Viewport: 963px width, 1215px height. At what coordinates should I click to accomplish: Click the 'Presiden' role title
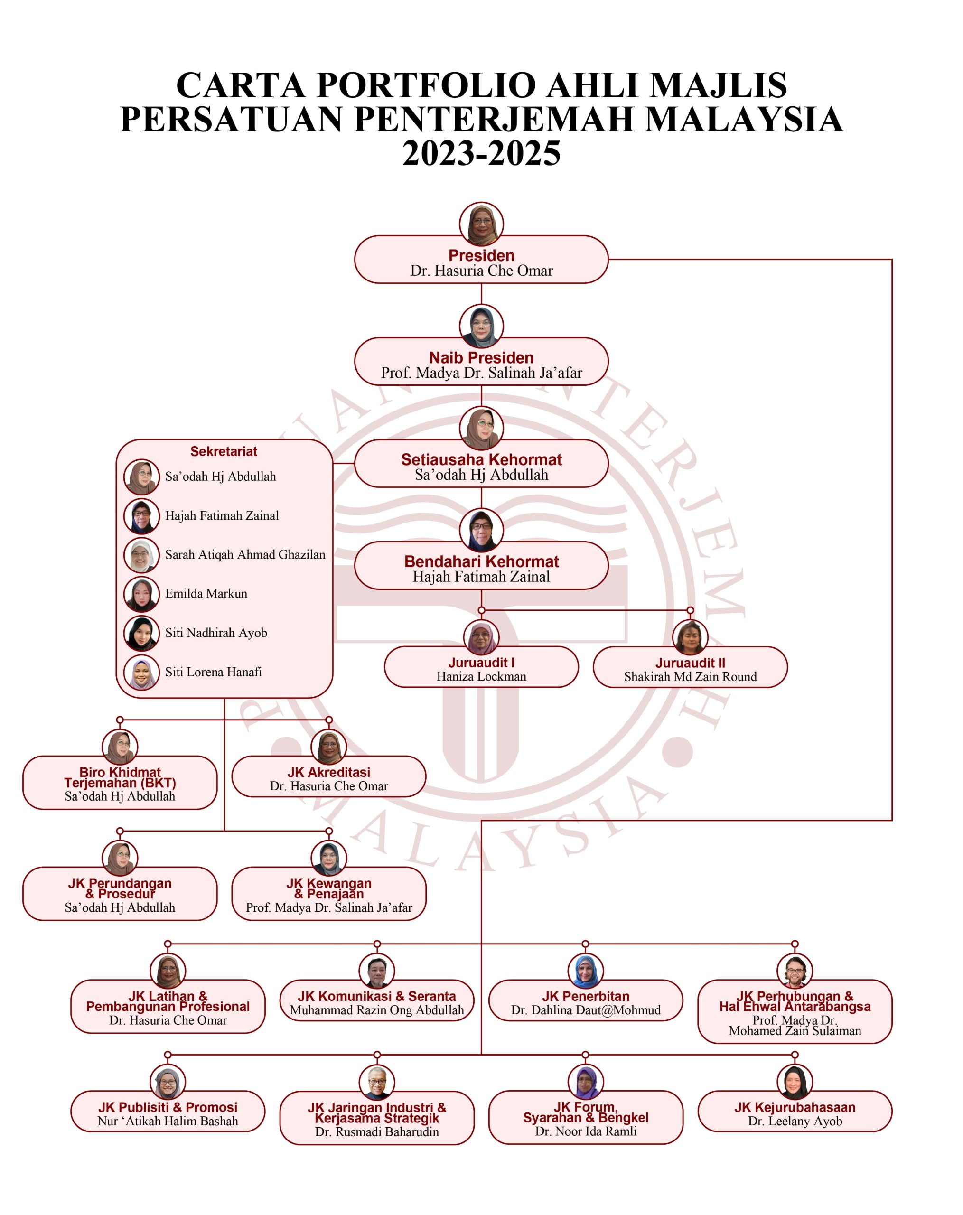pyautogui.click(x=481, y=255)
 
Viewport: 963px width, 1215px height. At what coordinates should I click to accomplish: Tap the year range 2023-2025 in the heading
pyautogui.click(x=481, y=153)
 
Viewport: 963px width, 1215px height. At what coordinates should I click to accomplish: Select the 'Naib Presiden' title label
pyautogui.click(x=481, y=357)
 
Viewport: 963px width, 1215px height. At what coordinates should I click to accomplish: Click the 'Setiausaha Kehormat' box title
pyautogui.click(x=481, y=459)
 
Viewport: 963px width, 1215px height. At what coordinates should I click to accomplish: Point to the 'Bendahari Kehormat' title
pyautogui.click(x=481, y=561)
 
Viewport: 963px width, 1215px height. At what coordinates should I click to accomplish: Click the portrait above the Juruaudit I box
pyautogui.click(x=481, y=637)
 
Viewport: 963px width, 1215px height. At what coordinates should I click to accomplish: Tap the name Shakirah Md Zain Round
pyautogui.click(x=690, y=677)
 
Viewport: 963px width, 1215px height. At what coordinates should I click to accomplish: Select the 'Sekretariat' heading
pyautogui.click(x=224, y=451)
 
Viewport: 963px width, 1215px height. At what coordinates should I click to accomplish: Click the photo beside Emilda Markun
pyautogui.click(x=141, y=595)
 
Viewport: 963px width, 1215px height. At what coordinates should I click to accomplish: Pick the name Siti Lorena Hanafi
pyautogui.click(x=214, y=672)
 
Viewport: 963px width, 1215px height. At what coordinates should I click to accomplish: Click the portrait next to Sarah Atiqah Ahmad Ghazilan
pyautogui.click(x=141, y=555)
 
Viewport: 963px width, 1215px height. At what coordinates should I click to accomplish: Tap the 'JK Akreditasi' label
pyautogui.click(x=328, y=772)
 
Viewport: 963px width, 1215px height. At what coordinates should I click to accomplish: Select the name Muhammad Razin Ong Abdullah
pyautogui.click(x=377, y=1010)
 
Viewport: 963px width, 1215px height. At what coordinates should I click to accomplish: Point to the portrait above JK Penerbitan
pyautogui.click(x=586, y=971)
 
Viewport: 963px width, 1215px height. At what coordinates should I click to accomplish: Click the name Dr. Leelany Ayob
pyautogui.click(x=795, y=1121)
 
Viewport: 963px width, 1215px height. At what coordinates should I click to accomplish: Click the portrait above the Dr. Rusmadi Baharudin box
pyautogui.click(x=377, y=1082)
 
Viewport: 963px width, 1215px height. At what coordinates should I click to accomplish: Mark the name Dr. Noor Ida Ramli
pyautogui.click(x=586, y=1131)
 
